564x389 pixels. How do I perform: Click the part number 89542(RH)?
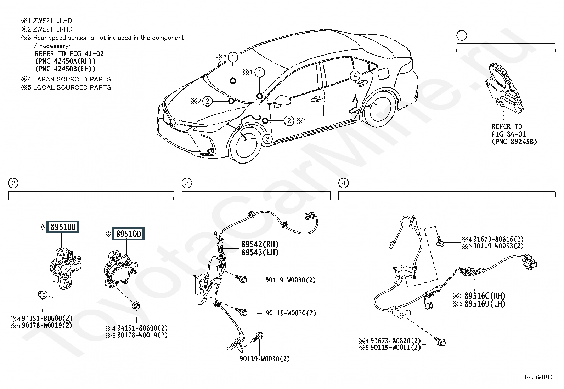click(260, 244)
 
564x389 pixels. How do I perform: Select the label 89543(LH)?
click(260, 252)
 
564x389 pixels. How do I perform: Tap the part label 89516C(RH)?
click(485, 296)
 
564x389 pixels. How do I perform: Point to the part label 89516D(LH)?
click(485, 304)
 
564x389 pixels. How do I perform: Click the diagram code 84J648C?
click(538, 377)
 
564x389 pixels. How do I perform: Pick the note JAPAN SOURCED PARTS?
click(72, 79)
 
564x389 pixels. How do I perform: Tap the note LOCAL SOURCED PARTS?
click(72, 87)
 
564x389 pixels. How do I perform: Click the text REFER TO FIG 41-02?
click(69, 53)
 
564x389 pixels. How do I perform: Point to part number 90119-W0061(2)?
click(395, 347)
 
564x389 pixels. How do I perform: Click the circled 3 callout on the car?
click(268, 139)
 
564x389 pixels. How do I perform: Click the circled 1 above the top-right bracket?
click(461, 35)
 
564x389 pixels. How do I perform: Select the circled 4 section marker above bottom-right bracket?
click(343, 183)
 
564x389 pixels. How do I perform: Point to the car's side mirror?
click(282, 100)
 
